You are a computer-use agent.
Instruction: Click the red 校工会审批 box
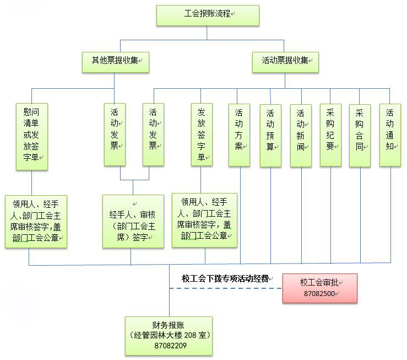pyautogui.click(x=320, y=288)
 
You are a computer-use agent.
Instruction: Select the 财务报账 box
pyautogui.click(x=168, y=335)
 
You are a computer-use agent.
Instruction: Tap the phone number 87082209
pyautogui.click(x=168, y=346)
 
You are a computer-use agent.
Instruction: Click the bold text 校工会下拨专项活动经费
pyautogui.click(x=225, y=279)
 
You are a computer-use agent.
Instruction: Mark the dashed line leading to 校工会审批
pyautogui.click(x=231, y=288)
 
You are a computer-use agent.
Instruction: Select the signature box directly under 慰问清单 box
pyautogui.click(x=36, y=221)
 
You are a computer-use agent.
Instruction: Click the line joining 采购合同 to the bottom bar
pyautogui.click(x=360, y=215)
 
